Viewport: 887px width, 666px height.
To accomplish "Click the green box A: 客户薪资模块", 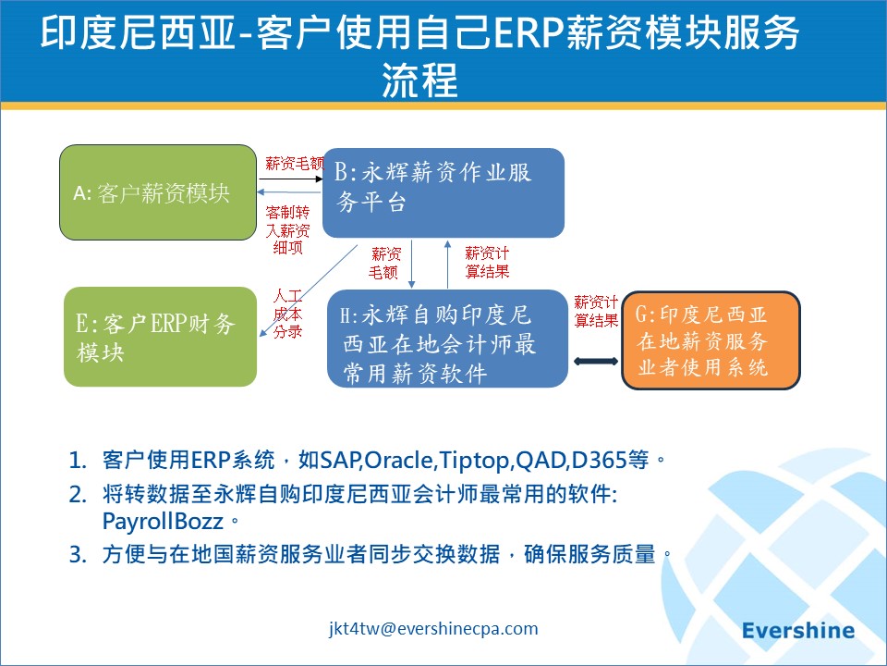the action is click(158, 192).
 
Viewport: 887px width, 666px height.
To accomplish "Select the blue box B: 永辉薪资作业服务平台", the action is click(443, 192).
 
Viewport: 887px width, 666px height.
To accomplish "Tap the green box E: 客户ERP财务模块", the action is click(160, 337).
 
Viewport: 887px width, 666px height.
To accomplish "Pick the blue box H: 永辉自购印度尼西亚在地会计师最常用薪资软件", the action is click(447, 339).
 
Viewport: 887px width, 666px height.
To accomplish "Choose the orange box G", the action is click(711, 340).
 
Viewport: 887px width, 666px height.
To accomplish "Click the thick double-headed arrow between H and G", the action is click(596, 361).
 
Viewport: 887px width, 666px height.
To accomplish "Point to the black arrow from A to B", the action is click(291, 179).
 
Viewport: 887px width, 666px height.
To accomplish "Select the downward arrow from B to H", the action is click(412, 264).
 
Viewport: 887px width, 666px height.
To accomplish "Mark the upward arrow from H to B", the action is click(447, 264).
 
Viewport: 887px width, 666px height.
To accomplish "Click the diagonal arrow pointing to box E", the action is click(309, 290).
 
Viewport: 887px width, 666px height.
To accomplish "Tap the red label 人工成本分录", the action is click(288, 314).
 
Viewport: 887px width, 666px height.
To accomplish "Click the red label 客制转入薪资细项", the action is click(288, 230).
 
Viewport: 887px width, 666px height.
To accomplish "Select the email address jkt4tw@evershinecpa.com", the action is click(433, 629).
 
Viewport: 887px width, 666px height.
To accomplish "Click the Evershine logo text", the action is click(798, 630).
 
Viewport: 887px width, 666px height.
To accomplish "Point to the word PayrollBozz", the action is click(163, 522).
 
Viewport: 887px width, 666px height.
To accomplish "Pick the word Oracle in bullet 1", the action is click(399, 460).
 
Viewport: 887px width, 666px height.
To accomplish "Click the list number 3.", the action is click(78, 554).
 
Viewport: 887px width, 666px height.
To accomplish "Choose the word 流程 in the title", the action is click(419, 80).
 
